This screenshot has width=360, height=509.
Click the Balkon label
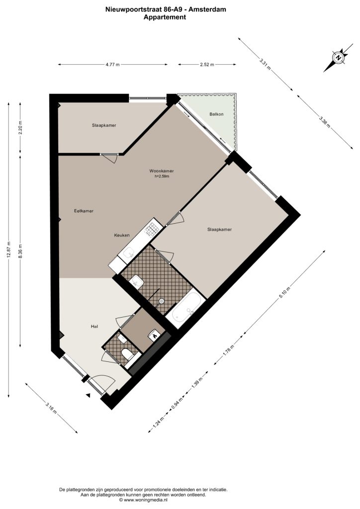[216, 114]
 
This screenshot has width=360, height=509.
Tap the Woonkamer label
[161, 171]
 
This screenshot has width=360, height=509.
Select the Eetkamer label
[84, 211]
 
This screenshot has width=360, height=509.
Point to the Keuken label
[122, 235]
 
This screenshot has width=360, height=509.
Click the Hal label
[95, 327]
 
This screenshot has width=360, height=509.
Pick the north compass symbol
[339, 58]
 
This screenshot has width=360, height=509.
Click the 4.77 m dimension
[113, 65]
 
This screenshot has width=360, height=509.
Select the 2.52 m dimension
[207, 65]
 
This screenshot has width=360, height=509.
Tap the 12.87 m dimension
[9, 250]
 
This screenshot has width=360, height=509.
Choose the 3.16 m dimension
[52, 408]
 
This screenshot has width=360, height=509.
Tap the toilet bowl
[127, 354]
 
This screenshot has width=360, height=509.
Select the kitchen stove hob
[152, 227]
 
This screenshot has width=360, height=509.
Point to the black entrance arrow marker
[88, 395]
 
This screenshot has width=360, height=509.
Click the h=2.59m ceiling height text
[162, 176]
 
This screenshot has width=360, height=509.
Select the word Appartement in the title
[165, 17]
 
